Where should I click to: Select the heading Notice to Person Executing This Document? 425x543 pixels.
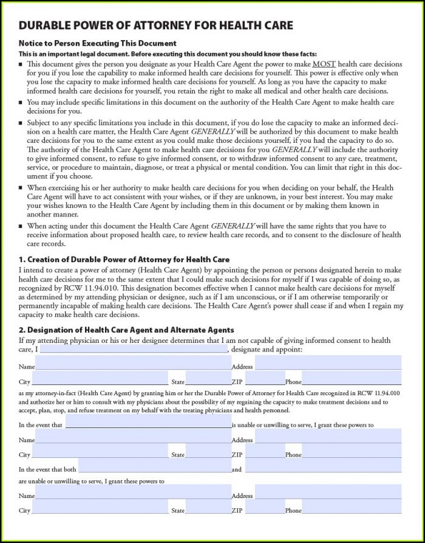click(x=98, y=44)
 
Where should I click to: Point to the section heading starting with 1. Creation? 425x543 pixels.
click(x=124, y=260)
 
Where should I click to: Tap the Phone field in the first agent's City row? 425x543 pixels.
click(x=352, y=381)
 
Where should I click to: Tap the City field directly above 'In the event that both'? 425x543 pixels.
click(x=100, y=454)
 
